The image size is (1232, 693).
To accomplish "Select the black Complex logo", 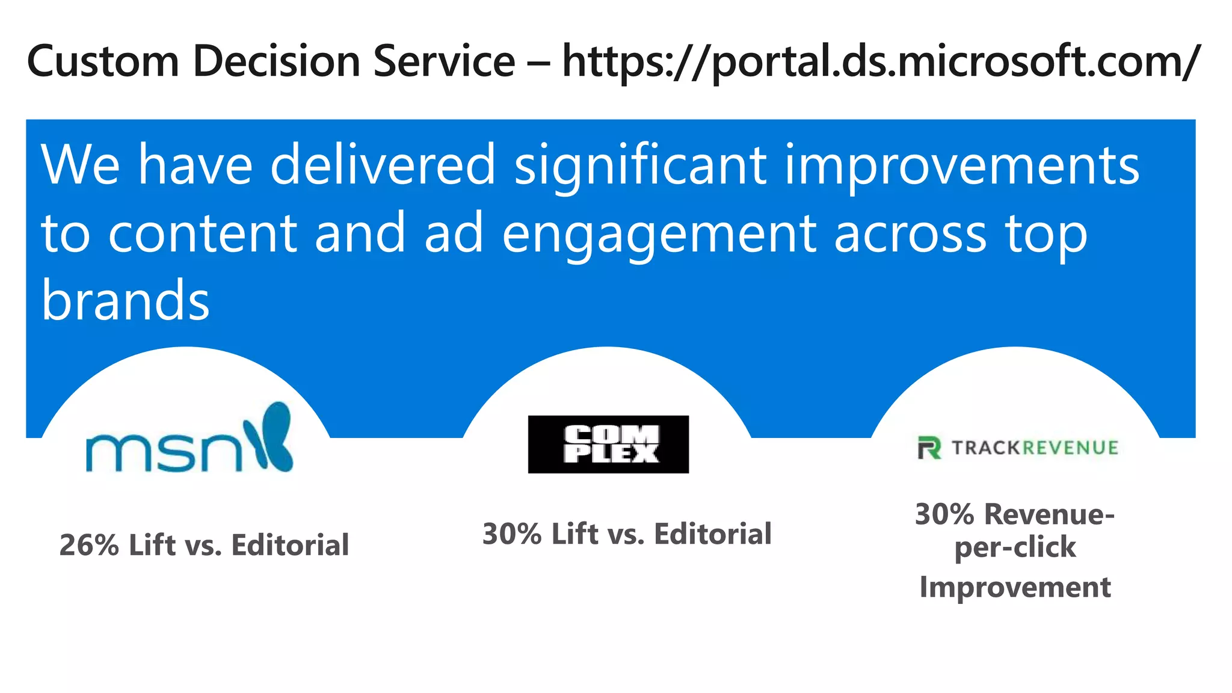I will tap(608, 445).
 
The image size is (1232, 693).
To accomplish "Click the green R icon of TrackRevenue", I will tap(929, 448).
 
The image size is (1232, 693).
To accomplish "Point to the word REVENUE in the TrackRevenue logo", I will tap(1071, 448).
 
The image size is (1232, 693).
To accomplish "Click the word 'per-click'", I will tap(1015, 547).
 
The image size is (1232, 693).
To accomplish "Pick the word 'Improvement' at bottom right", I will tap(1015, 587).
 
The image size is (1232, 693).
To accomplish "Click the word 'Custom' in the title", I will tap(103, 61).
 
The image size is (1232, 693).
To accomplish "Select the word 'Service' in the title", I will tap(444, 61).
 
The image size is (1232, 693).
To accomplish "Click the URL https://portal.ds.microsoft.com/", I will tap(881, 63).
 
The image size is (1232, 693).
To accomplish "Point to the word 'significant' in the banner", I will tap(641, 165).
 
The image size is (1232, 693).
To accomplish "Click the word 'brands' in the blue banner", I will tap(125, 300).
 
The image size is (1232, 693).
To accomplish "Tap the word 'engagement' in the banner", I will tap(659, 235).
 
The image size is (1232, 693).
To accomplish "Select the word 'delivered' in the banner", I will tap(383, 165).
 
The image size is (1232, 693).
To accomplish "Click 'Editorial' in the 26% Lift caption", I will tap(290, 546).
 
